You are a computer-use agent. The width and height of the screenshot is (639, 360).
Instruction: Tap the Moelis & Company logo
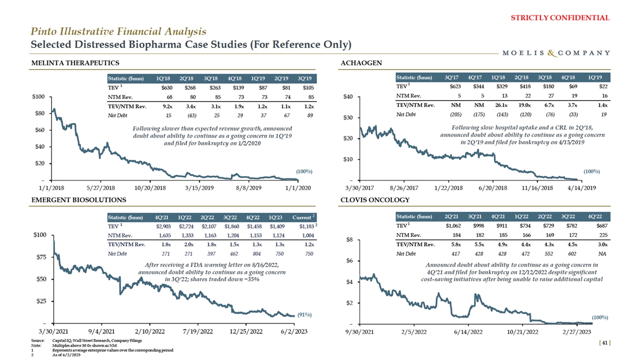(x=556, y=53)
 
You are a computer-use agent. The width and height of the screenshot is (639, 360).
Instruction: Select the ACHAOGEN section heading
(x=361, y=64)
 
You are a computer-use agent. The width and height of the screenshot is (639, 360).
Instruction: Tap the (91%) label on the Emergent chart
(x=305, y=315)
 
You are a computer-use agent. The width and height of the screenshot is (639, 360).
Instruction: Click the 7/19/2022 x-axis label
(x=198, y=331)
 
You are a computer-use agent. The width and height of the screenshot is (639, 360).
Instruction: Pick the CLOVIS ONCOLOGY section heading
(x=375, y=200)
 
